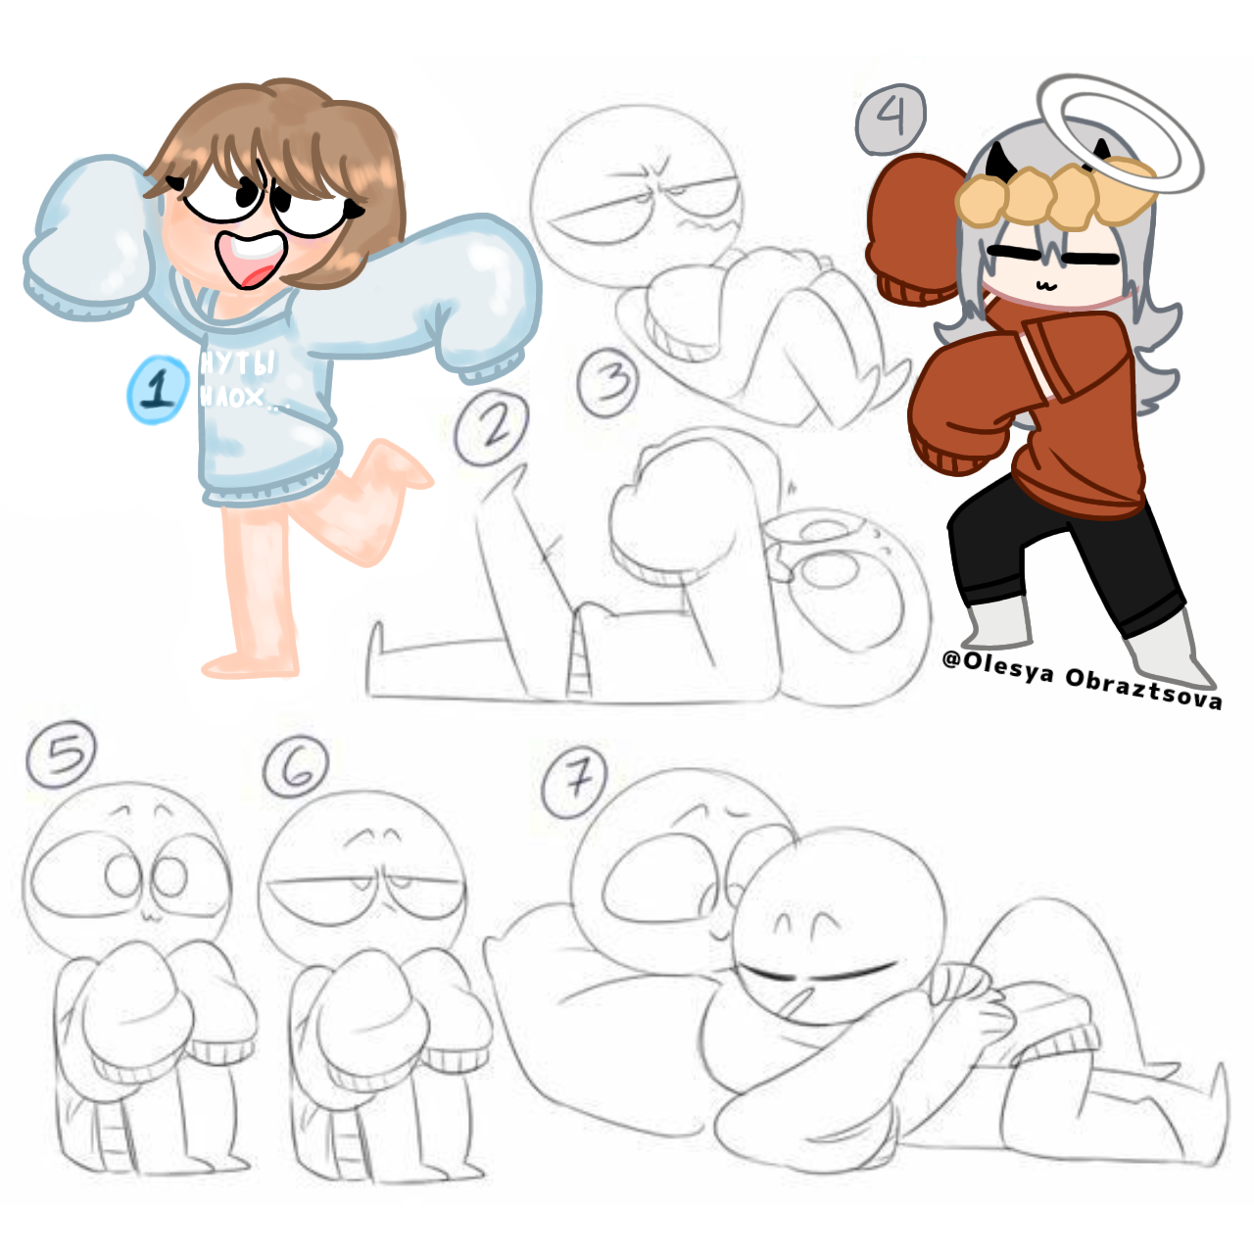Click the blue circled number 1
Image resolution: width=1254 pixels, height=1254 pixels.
pyautogui.click(x=158, y=390)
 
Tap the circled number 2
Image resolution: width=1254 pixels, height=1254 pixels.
pyautogui.click(x=493, y=427)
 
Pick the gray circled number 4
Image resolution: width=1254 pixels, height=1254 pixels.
pyautogui.click(x=891, y=119)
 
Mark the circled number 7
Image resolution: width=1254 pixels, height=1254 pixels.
pyautogui.click(x=575, y=782)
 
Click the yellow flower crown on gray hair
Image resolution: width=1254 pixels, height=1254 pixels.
pyautogui.click(x=1053, y=196)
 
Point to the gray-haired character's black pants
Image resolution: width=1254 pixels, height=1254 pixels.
pyautogui.click(x=1068, y=549)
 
